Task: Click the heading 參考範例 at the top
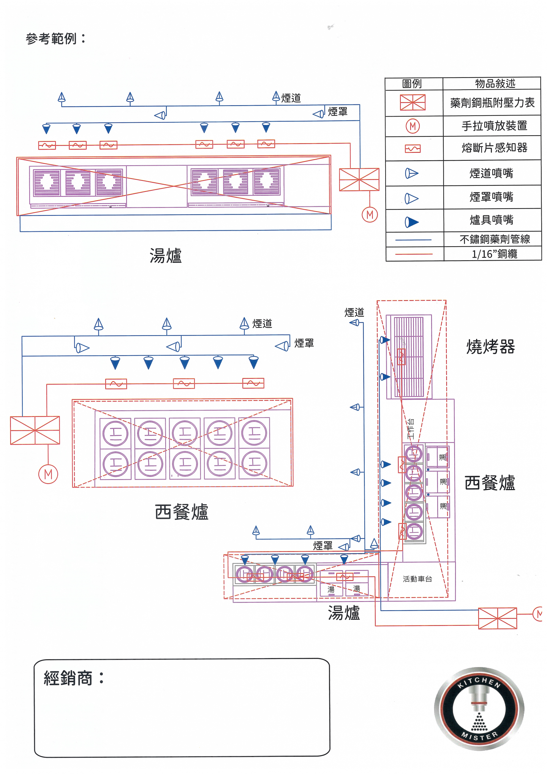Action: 55,38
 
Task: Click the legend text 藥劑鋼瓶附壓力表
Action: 492,103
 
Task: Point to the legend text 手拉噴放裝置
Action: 494,126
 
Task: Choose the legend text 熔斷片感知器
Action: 494,148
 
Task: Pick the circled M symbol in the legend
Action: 413,126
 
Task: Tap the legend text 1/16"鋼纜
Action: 494,254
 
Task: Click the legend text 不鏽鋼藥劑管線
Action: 494,239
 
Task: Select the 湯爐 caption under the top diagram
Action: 166,256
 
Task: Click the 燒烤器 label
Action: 490,347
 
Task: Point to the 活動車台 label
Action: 417,579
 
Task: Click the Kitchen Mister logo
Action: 479,709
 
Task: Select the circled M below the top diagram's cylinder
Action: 370,215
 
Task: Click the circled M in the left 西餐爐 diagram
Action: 48,474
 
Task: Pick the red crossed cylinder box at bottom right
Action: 497,618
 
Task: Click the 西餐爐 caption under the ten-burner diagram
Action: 182,512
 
